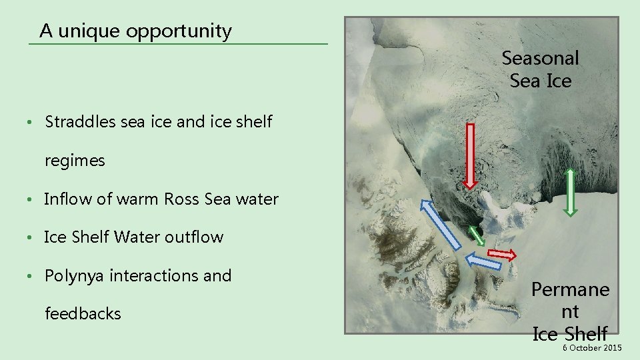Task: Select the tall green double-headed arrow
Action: click(570, 191)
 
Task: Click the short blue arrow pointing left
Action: click(483, 260)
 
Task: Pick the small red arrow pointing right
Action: click(502, 254)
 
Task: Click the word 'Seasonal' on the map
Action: click(540, 58)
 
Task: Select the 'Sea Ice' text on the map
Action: click(540, 81)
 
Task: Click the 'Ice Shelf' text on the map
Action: click(569, 333)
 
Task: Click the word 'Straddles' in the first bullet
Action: click(75, 122)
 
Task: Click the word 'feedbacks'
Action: click(83, 314)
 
